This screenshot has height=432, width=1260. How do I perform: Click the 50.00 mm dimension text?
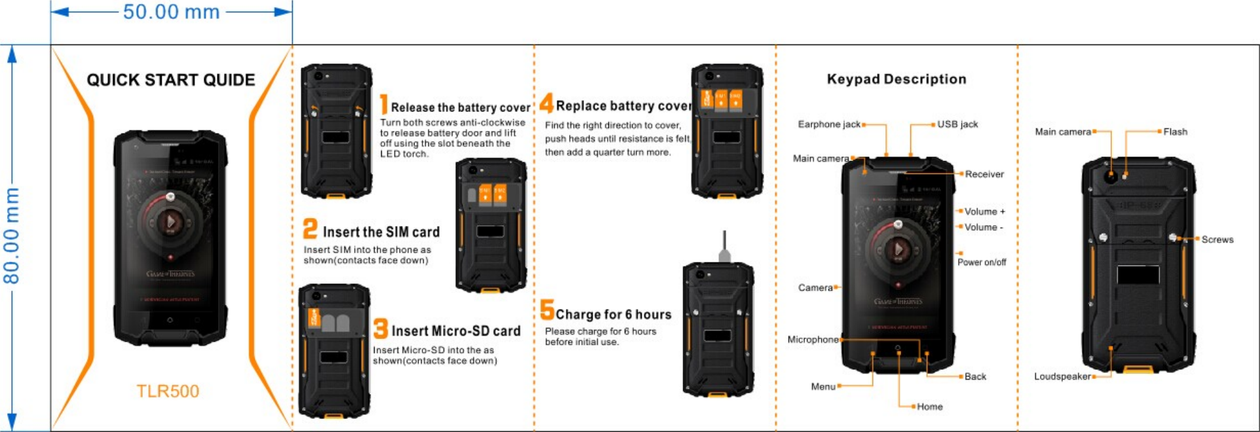tap(171, 12)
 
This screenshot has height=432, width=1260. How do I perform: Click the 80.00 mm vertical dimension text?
tap(12, 236)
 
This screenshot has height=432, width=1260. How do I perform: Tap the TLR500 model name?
tap(168, 391)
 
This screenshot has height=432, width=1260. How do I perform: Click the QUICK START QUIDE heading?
tap(171, 80)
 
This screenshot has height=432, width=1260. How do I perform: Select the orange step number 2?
tap(310, 229)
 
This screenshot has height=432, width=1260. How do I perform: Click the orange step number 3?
tap(380, 329)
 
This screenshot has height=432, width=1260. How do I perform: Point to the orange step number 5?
tap(547, 310)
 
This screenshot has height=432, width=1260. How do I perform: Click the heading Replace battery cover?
tap(622, 106)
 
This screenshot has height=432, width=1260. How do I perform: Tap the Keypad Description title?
tap(896, 79)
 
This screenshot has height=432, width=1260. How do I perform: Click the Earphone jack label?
tap(828, 124)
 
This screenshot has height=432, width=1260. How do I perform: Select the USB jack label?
tap(957, 124)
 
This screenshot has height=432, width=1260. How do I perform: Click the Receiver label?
tap(984, 174)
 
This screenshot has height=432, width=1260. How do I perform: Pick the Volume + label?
tap(984, 211)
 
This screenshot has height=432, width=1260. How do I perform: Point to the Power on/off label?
tap(981, 262)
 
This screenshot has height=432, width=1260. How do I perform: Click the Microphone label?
tap(812, 340)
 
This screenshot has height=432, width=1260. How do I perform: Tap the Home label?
tap(929, 407)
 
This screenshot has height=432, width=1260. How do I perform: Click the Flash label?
tap(1175, 132)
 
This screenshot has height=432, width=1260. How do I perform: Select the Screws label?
tap(1217, 240)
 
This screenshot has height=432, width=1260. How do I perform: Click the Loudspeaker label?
tap(1062, 376)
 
